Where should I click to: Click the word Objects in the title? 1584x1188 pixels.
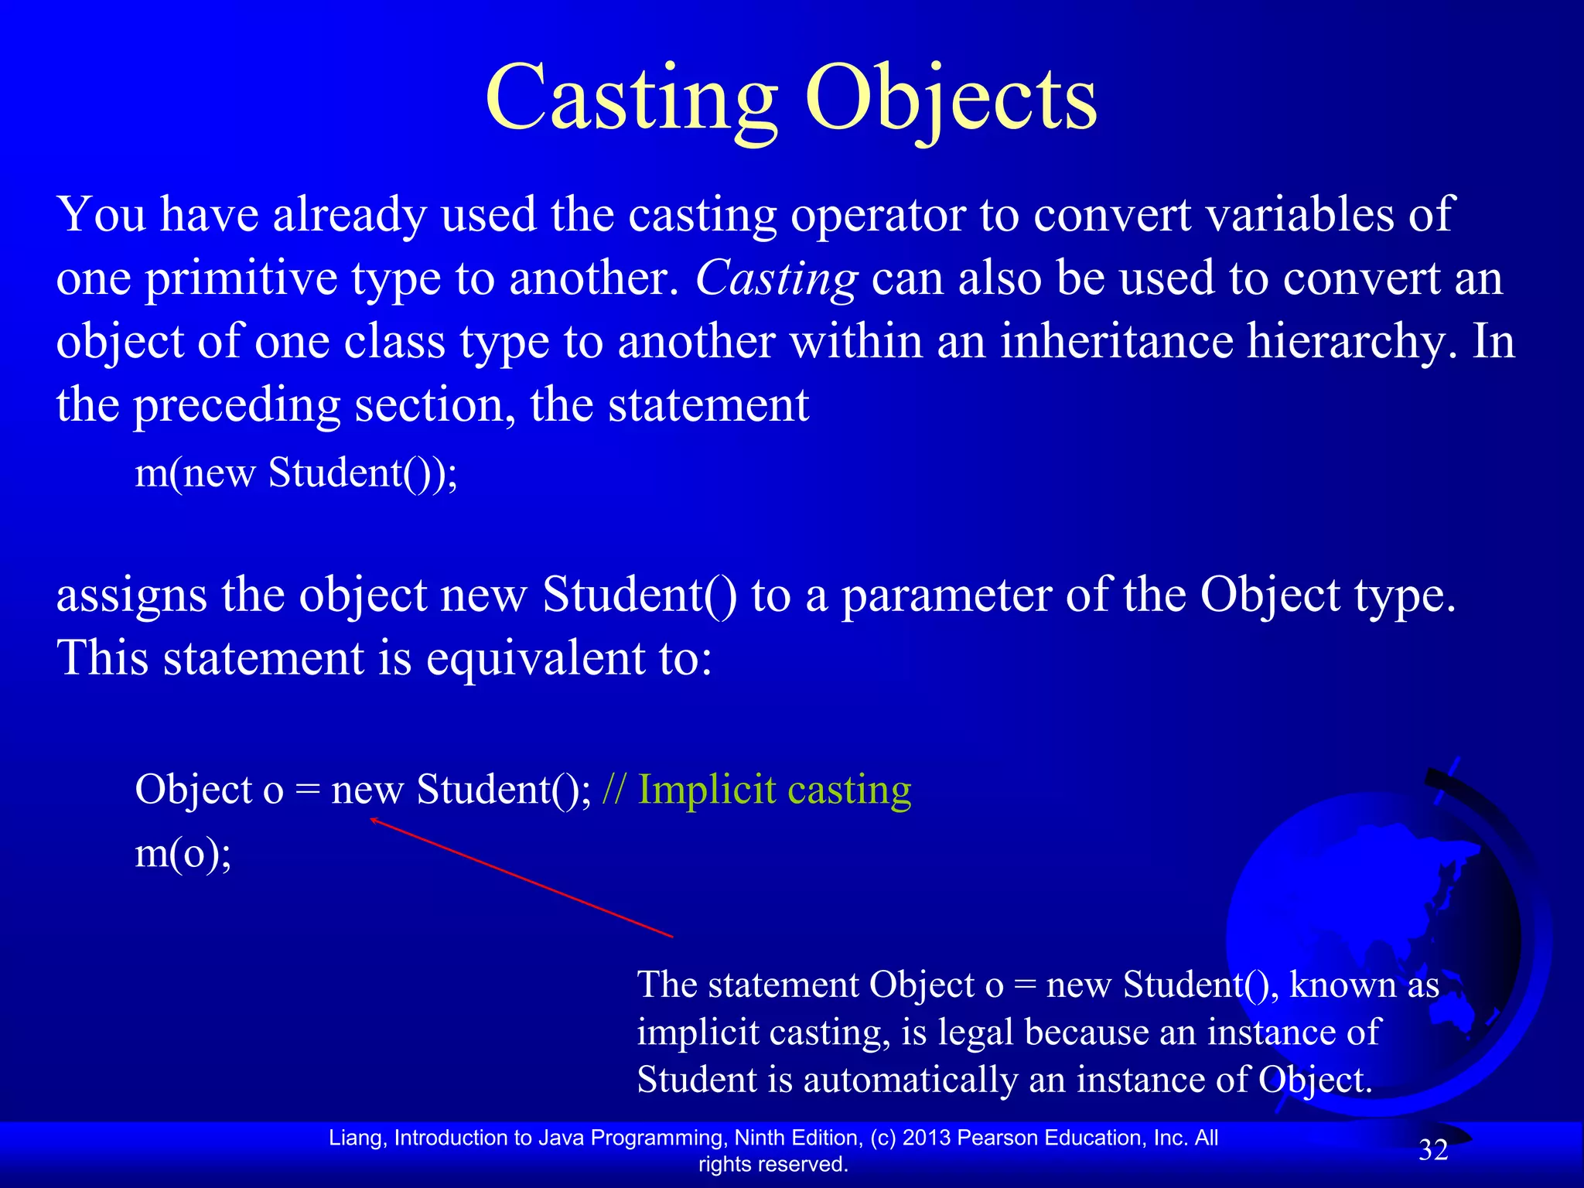pos(951,101)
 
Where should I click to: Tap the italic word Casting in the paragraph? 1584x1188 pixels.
pos(776,278)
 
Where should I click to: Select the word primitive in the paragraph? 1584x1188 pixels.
pos(241,278)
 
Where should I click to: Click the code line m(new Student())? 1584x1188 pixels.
pos(296,473)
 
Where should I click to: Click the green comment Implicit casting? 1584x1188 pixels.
pos(774,790)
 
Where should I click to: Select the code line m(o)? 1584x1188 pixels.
pos(183,853)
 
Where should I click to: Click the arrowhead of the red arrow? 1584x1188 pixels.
pos(374,820)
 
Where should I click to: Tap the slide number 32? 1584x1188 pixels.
pos(1432,1151)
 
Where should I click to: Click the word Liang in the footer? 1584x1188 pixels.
pos(357,1138)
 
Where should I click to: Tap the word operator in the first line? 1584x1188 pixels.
pos(878,215)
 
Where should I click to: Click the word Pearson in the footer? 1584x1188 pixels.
pos(993,1138)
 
